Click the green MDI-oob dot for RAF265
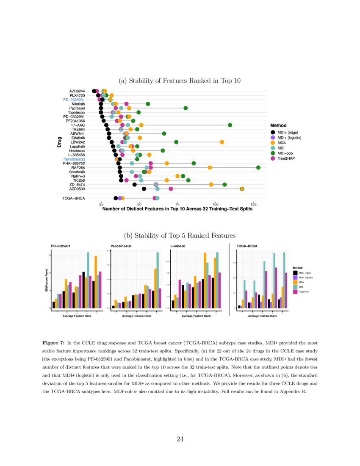[258, 168]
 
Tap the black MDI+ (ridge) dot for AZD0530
[144, 189]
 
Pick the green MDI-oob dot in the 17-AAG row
[230, 125]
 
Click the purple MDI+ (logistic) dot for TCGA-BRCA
[120, 198]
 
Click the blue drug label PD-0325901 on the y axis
[74, 100]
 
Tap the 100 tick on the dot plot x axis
[215, 204]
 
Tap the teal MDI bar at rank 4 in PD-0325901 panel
[88, 280]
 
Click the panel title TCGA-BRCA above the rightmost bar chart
[246, 246]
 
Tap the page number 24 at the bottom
[180, 439]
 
